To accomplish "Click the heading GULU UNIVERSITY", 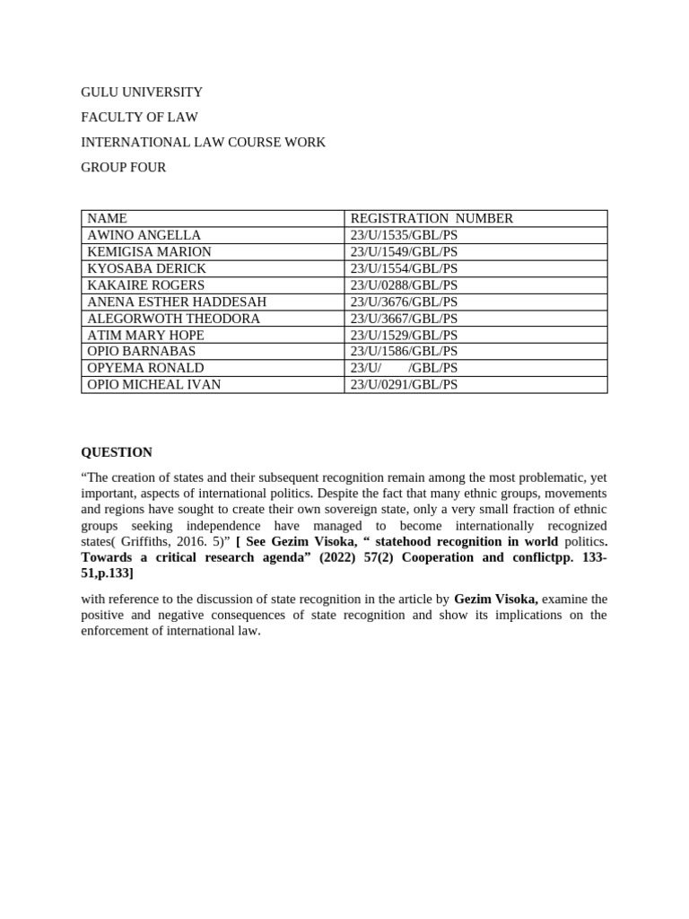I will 142,92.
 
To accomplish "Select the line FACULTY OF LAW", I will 139,118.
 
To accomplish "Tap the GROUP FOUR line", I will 123,168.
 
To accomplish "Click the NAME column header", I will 108,218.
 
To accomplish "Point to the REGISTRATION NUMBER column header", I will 432,218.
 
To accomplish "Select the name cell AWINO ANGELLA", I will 144,235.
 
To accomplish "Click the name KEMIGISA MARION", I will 150,252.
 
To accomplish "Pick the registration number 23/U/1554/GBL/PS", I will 404,268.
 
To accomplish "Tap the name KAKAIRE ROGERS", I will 146,285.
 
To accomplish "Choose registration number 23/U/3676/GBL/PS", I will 404,302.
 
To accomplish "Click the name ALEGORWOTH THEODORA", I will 174,319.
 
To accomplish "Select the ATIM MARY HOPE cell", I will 146,336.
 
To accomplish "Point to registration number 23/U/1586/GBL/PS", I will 404,351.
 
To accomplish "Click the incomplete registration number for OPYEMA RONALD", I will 404,368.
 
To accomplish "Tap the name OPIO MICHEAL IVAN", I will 154,385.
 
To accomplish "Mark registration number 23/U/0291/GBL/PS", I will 404,385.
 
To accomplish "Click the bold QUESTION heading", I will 117,452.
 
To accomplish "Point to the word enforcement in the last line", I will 120,631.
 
